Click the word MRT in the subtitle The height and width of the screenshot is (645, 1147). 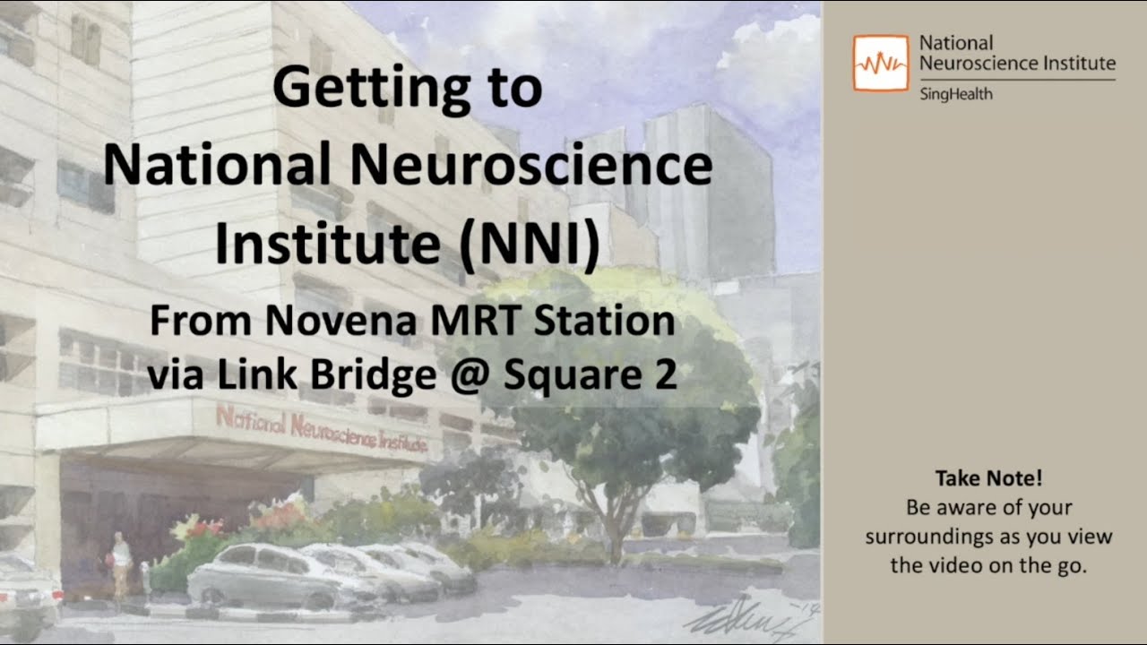(476, 321)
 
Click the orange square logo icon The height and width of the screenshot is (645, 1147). (881, 64)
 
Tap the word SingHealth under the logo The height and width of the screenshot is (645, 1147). (956, 95)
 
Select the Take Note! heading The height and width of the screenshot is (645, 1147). (988, 478)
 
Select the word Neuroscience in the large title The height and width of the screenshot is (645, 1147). (532, 166)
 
